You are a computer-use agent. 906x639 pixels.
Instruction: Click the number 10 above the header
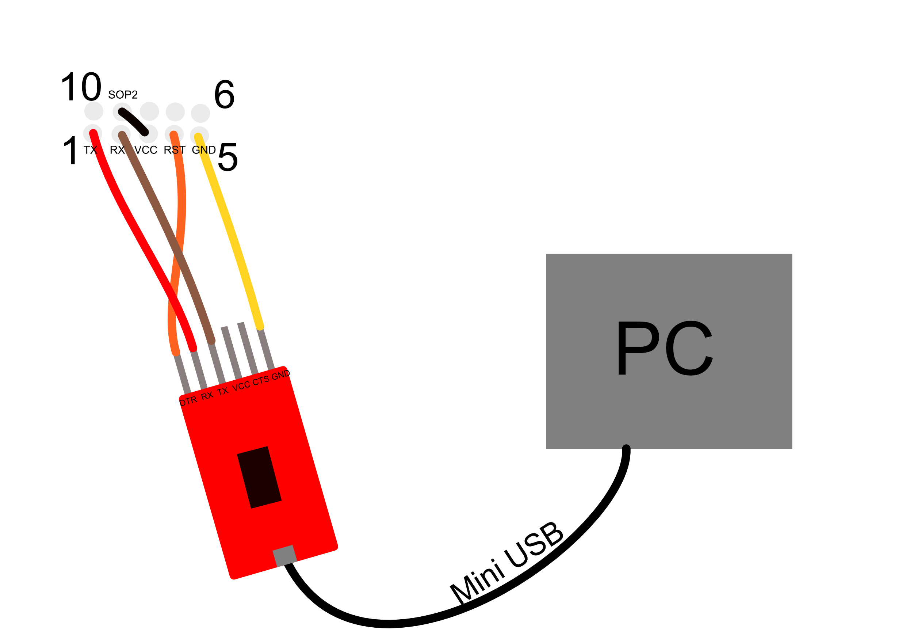click(81, 87)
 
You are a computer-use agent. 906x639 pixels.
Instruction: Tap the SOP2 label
click(123, 95)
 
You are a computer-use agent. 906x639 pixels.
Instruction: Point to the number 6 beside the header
click(224, 94)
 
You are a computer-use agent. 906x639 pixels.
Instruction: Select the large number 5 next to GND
click(228, 157)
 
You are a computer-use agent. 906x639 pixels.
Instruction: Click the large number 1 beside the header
click(70, 150)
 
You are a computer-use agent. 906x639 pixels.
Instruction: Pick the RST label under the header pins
click(175, 150)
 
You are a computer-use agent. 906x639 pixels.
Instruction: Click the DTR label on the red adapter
click(188, 401)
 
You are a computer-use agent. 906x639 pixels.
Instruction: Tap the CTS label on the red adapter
click(261, 380)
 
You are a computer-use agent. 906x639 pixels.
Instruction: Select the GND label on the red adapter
click(280, 375)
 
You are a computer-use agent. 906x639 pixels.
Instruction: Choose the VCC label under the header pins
click(146, 150)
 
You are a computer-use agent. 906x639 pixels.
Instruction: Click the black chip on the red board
click(259, 478)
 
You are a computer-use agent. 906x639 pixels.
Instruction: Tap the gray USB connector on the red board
click(284, 556)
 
